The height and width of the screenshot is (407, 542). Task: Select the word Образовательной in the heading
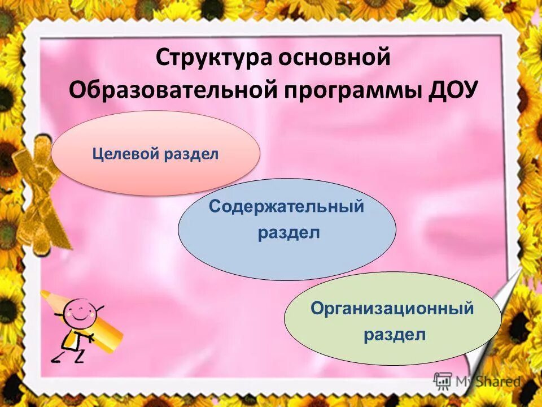point(172,90)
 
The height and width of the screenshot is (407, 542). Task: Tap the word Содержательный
point(287,207)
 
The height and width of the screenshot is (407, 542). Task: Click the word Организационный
point(392,309)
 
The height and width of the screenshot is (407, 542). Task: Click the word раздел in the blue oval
point(289,233)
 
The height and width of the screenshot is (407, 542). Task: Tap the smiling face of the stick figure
point(81,310)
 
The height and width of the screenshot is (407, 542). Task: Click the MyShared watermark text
point(489,382)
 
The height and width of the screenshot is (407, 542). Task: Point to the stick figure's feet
point(68,357)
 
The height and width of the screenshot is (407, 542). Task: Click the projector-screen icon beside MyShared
point(443,380)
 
